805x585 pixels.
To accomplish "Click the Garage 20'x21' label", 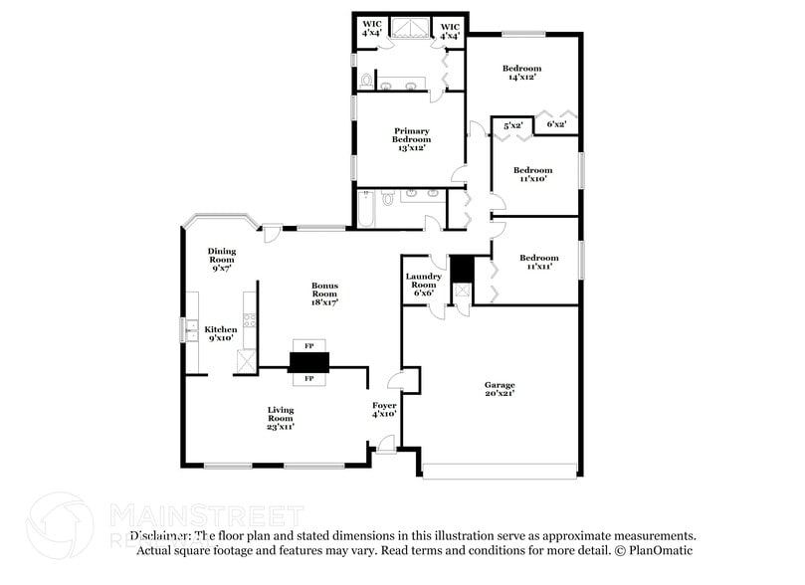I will point(499,388).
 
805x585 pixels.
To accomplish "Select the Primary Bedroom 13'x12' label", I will point(411,139).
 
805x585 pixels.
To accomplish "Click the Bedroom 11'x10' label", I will point(532,174).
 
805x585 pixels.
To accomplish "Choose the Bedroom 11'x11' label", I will point(538,262).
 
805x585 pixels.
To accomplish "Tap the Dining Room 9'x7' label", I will point(221,259).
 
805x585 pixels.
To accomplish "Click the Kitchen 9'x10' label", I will point(221,333).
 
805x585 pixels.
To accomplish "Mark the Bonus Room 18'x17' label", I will point(324,293).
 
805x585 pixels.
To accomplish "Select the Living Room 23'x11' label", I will point(281,418).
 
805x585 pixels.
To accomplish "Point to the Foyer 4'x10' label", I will point(384,409).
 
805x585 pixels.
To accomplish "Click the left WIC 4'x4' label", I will point(372,30).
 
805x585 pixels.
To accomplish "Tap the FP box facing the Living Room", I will point(308,379).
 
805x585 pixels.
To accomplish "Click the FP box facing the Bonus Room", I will point(308,345).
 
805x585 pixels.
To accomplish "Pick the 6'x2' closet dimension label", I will point(556,124).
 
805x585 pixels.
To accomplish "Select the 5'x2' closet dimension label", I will point(513,125).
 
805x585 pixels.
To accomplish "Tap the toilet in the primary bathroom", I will point(366,80).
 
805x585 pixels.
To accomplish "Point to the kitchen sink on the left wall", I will point(186,328).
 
